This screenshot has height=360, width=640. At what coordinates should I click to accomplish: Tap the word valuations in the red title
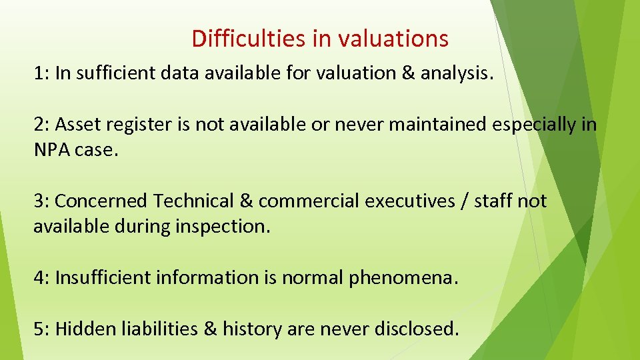393,39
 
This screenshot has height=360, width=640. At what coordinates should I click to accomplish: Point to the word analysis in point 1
457,73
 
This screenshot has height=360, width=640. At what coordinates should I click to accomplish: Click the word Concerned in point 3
102,201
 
